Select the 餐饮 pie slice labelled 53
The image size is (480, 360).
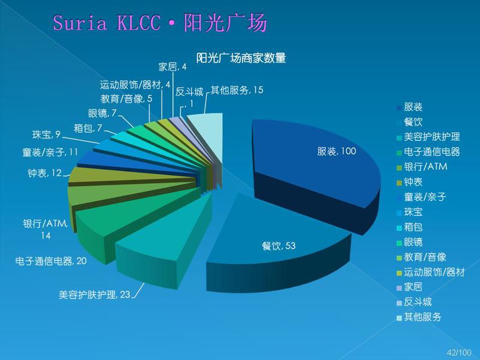click(x=275, y=245)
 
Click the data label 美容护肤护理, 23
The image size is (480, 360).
click(x=94, y=295)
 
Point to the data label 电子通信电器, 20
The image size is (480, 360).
click(x=51, y=261)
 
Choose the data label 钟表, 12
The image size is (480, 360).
click(x=44, y=173)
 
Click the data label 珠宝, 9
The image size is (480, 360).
click(x=47, y=134)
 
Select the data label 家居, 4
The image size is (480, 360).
click(x=172, y=67)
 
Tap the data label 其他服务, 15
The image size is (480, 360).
click(x=237, y=90)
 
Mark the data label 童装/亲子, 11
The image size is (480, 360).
click(x=50, y=152)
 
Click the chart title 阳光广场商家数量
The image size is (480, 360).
click(x=241, y=58)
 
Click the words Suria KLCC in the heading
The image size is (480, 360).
click(x=107, y=23)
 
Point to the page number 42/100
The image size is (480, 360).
click(x=459, y=352)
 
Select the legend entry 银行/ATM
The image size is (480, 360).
click(x=422, y=167)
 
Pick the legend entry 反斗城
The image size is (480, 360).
click(x=414, y=302)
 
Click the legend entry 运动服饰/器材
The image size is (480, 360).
click(x=431, y=272)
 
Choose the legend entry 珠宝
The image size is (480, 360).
click(x=410, y=212)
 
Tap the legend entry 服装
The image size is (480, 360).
click(x=410, y=107)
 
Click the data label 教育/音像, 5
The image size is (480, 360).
click(x=127, y=98)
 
